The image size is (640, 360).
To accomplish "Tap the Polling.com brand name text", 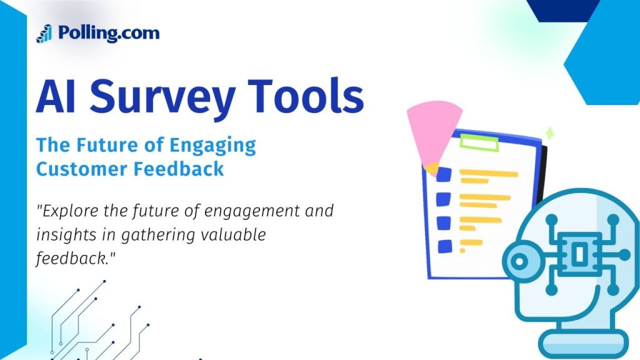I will click(109, 32).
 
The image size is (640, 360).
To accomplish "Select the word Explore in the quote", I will click(67, 211).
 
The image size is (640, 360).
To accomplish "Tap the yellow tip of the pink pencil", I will click(431, 168).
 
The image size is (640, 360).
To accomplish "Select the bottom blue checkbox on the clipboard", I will click(445, 246).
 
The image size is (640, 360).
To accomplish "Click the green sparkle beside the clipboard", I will click(549, 132).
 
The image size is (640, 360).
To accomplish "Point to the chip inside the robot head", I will click(577, 253).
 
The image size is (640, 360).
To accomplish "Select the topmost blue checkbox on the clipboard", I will click(444, 173).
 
